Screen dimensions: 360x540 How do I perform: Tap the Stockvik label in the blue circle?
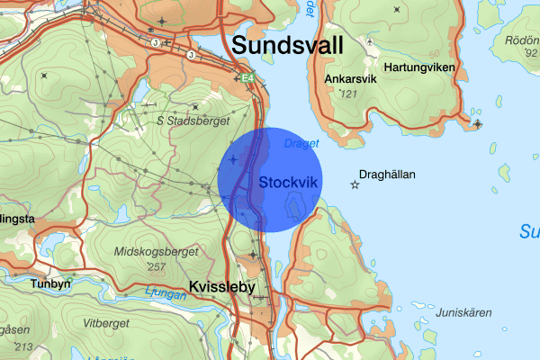[289, 182]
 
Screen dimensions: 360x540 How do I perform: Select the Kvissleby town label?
[222, 288]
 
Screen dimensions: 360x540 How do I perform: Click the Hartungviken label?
[419, 67]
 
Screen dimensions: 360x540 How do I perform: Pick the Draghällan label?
[387, 175]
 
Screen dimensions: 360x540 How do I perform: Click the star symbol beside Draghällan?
[355, 184]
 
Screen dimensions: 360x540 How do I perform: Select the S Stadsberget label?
[193, 120]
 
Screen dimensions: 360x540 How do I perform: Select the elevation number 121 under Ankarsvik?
[349, 94]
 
